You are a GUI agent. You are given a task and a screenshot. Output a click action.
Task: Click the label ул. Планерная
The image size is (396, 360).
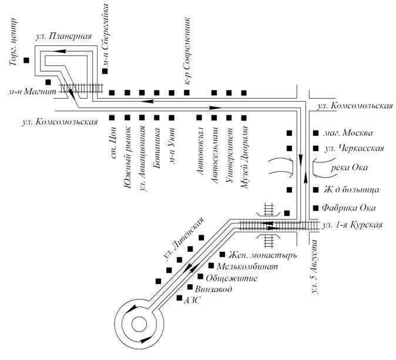(63, 36)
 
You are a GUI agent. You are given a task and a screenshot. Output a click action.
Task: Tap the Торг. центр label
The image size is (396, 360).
(13, 42)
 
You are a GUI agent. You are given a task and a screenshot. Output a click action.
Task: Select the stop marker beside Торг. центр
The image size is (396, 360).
(26, 60)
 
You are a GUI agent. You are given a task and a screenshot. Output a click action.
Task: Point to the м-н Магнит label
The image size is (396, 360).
(32, 91)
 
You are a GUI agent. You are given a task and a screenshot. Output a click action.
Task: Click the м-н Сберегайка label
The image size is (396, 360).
(105, 34)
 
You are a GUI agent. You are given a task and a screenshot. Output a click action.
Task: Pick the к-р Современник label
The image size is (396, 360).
(187, 51)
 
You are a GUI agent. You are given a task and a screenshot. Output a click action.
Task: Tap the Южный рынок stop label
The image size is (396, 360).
(127, 157)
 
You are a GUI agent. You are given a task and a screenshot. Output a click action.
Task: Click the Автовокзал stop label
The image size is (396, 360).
(200, 151)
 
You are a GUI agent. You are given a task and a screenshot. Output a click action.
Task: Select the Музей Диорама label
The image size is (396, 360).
(244, 157)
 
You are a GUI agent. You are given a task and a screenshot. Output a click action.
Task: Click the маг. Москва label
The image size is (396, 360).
(348, 133)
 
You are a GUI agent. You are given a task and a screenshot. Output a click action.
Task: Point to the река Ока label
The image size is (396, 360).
(349, 168)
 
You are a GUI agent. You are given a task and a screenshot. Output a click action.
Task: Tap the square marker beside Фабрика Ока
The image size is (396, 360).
(316, 208)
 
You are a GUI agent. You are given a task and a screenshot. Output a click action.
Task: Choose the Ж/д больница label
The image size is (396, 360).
(351, 189)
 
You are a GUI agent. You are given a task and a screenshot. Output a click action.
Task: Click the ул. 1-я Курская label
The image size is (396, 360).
(353, 225)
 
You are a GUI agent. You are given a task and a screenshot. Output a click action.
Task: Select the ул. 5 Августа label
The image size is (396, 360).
(314, 266)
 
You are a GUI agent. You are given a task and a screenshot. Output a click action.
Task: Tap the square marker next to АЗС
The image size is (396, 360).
(179, 298)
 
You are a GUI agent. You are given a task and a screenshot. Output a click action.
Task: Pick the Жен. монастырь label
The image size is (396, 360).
(263, 255)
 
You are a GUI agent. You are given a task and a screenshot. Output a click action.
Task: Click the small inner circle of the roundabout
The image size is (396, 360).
(139, 324)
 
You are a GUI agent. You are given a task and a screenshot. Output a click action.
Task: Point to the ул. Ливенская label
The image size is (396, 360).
(184, 239)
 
